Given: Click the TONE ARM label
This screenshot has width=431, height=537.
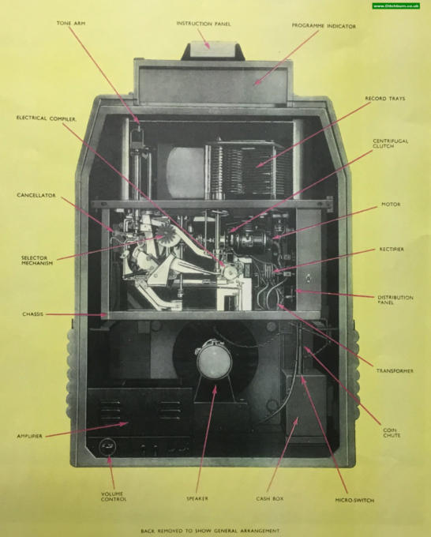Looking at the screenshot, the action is click(71, 23).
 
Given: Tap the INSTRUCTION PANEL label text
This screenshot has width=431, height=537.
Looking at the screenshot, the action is click(204, 24).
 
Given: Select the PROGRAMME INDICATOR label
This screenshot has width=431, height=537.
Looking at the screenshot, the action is click(324, 26).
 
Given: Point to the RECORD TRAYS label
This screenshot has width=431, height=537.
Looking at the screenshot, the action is click(384, 99).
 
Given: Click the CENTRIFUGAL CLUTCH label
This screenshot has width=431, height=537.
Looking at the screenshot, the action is click(385, 144).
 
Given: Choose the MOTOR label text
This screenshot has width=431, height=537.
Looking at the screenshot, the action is click(391, 205).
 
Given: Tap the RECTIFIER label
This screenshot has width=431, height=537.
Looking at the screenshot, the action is click(392, 250).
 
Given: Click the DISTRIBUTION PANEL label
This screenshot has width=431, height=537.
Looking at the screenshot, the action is click(395, 300).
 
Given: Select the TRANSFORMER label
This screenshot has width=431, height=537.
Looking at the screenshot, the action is click(395, 371).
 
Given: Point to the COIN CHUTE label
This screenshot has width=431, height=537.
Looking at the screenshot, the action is click(392, 433).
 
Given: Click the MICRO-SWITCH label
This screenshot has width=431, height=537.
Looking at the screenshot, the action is click(354, 501).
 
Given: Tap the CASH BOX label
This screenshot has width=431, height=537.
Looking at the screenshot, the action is click(270, 498).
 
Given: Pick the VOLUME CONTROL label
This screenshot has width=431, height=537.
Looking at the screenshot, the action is click(114, 497).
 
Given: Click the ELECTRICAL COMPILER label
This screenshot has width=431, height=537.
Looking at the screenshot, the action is click(47, 118).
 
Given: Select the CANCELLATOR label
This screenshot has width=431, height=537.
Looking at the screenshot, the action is click(36, 195).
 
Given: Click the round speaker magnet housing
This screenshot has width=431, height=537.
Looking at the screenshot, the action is click(214, 360).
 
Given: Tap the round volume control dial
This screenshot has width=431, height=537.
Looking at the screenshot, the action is click(107, 447).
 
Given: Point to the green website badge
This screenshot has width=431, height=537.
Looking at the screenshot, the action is click(395, 6).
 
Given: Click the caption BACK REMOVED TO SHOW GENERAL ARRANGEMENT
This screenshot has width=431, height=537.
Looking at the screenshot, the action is click(210, 531).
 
